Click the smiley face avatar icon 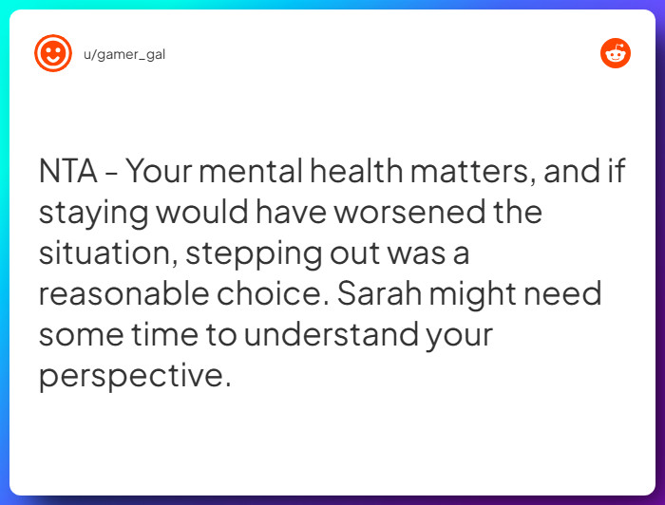point(53,53)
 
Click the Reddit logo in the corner point(616,53)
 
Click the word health point(361,172)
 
